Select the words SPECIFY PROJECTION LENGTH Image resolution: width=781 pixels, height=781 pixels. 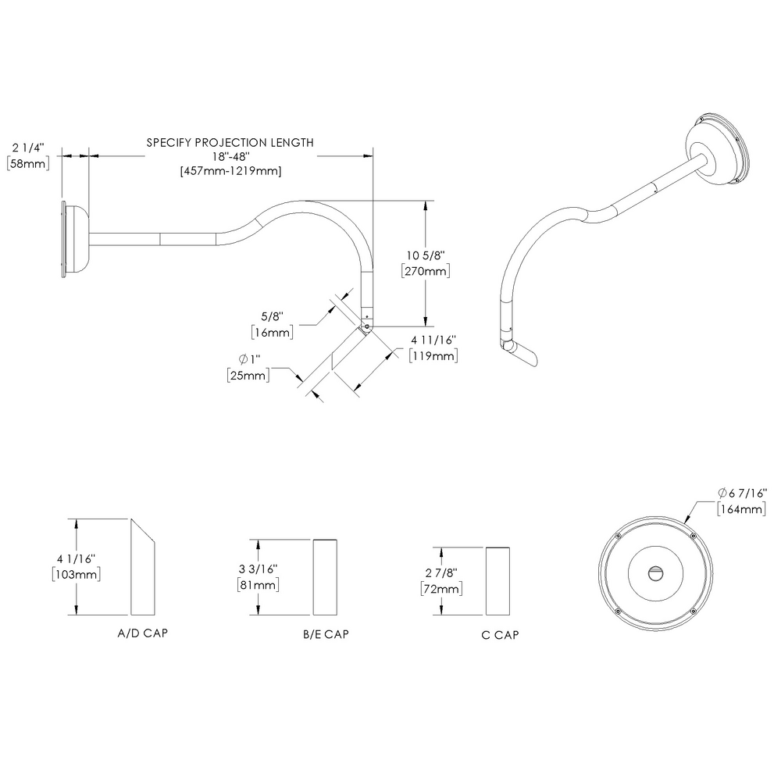tap(230, 143)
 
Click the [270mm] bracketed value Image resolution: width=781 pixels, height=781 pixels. tap(425, 271)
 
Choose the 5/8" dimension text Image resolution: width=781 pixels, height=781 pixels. tap(272, 316)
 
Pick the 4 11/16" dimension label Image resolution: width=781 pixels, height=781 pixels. tap(433, 340)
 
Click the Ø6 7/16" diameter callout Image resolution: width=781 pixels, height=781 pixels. tap(742, 494)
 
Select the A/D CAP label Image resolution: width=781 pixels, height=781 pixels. tap(141, 633)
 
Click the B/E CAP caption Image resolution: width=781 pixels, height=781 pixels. tap(326, 635)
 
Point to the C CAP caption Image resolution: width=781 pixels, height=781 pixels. tap(501, 635)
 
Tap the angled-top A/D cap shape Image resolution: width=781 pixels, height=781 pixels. tap(143, 570)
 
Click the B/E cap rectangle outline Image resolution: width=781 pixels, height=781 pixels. tap(326, 576)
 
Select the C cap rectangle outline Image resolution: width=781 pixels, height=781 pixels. tap(499, 582)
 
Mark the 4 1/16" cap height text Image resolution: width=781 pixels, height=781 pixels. tap(76, 558)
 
